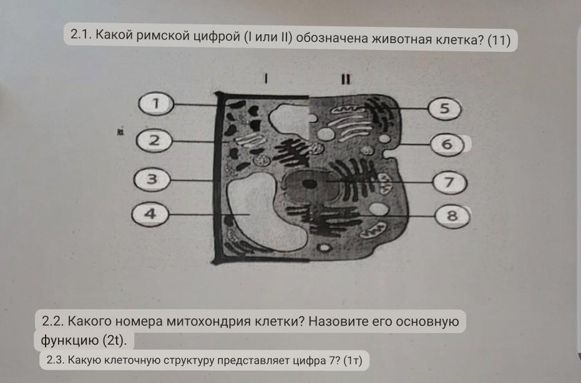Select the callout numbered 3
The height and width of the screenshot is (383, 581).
[x=150, y=180]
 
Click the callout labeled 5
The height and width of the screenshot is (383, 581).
[x=444, y=109]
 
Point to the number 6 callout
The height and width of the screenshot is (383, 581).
[x=446, y=144]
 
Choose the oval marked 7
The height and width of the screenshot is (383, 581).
[x=447, y=182]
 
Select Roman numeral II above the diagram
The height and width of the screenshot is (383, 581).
[x=344, y=79]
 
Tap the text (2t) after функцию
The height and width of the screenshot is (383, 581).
[x=114, y=341]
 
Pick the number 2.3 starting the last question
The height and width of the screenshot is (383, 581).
[x=55, y=360]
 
